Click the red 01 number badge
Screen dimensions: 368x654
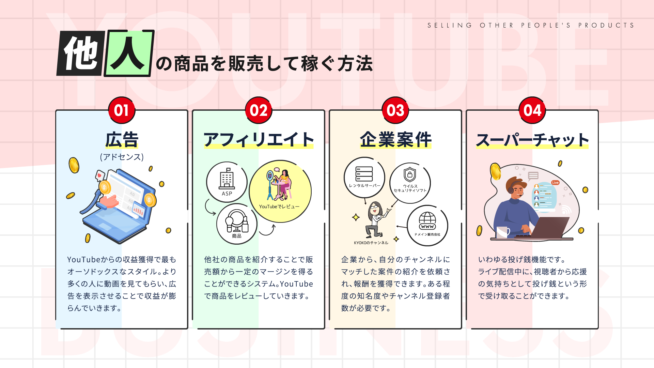coord(122,110)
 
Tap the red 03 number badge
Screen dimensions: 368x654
coord(395,110)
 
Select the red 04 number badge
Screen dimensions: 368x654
coord(532,110)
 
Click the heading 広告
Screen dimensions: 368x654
coord(122,140)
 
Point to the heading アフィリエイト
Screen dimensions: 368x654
coord(259,140)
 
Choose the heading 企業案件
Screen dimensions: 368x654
coord(395,140)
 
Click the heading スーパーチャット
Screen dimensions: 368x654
coord(532,140)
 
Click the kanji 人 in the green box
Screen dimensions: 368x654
coord(128,53)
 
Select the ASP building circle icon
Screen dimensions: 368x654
coord(227,182)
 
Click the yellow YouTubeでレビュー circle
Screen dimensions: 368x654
coord(280,191)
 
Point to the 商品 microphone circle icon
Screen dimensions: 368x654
coord(237,224)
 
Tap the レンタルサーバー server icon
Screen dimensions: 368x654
coord(364,177)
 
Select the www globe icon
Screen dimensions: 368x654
coord(427,225)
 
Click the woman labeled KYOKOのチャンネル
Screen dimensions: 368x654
coord(375,220)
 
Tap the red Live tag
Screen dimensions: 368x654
coord(556,183)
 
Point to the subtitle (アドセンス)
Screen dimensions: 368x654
coord(122,157)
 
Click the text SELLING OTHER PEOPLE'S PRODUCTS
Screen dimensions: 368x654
coord(531,25)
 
